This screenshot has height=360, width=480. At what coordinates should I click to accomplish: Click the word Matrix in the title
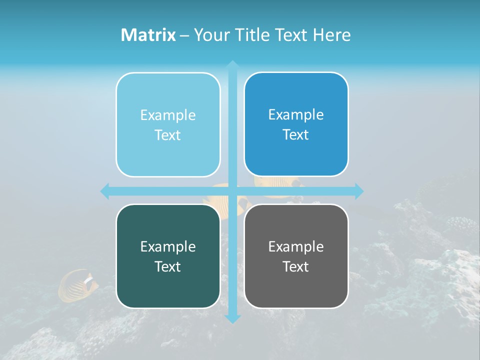148,35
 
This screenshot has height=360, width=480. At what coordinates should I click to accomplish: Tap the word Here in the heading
331,35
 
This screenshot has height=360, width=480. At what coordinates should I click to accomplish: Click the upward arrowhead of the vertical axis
232,65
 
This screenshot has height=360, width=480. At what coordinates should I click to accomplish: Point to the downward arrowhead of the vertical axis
232,318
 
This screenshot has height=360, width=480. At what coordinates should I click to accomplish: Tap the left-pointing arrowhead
105,191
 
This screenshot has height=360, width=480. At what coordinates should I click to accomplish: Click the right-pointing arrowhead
359,191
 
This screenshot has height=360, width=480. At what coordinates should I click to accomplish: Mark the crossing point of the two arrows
232,191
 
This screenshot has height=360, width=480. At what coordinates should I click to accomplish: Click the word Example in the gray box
296,246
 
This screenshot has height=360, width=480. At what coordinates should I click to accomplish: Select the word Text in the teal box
167,266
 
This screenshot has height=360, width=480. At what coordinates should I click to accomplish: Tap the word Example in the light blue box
168,115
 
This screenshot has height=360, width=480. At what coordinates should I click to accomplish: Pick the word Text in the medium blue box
295,134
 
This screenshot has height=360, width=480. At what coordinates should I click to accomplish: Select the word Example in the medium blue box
296,114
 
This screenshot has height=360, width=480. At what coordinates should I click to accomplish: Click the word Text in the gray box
295,266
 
